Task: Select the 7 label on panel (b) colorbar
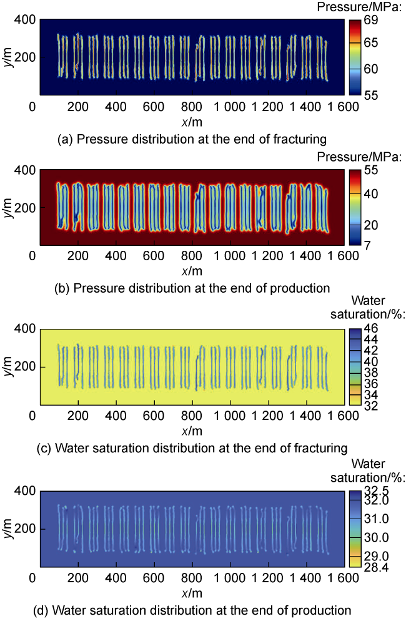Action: point(370,245)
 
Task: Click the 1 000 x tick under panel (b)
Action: point(230,256)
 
